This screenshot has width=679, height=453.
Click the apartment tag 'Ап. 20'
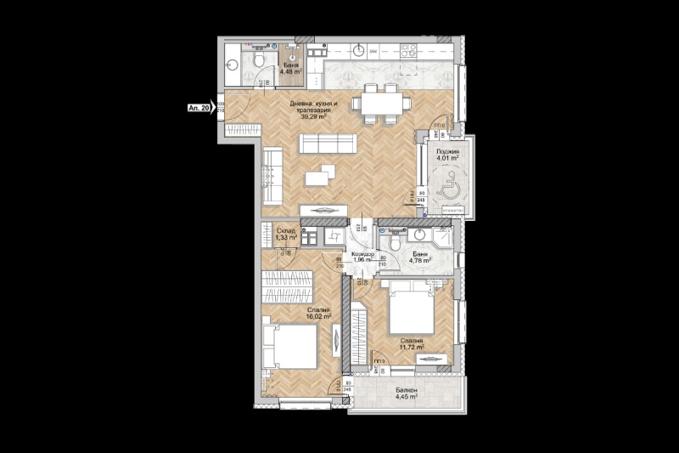tap(199, 109)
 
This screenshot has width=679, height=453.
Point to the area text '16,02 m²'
tap(319, 316)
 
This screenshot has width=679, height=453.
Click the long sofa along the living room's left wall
tap(272, 174)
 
